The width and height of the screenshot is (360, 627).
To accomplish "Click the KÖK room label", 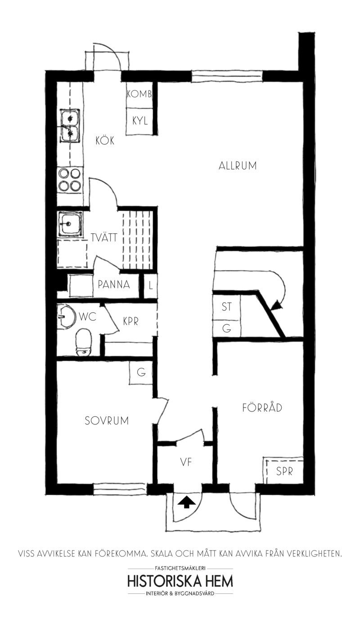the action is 105,140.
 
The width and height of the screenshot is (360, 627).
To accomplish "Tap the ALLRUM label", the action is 238,166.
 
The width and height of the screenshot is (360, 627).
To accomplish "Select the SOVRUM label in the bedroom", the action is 107,421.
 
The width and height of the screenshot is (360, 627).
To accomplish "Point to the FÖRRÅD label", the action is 262,407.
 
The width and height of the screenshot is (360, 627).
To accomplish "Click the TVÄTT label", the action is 104,237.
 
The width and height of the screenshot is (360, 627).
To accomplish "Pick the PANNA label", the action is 114,284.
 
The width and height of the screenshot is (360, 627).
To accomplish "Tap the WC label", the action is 88,317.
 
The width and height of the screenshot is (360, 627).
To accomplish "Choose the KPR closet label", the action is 131,321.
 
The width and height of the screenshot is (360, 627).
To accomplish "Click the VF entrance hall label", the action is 186,462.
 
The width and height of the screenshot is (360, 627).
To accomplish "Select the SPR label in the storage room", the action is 284,471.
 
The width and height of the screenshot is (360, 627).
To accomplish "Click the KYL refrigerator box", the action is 139,121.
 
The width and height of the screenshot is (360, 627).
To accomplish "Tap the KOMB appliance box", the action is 139,94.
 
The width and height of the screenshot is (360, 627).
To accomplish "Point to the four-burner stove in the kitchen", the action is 70,180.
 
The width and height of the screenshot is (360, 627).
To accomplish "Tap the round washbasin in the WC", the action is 66,317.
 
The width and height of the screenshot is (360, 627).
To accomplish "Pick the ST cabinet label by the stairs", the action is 226,307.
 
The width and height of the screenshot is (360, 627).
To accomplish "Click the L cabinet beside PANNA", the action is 150,286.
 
